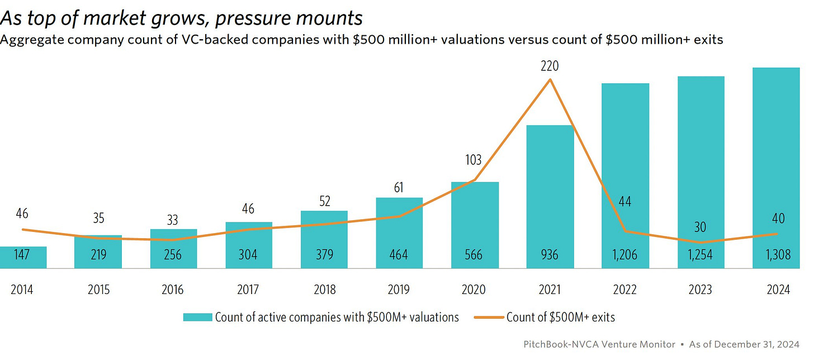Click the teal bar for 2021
point(550,196)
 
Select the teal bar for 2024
point(776,168)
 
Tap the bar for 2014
point(23,257)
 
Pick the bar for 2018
point(324,239)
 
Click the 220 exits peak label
point(550,67)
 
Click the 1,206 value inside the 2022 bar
point(625,255)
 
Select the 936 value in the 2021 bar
point(550,255)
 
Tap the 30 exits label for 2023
point(700,228)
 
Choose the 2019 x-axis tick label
point(399,290)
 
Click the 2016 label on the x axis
point(173,290)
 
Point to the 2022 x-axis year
point(625,290)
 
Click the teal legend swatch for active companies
point(197,318)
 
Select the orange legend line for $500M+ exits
point(488,318)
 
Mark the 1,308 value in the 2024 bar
point(776,255)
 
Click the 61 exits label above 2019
point(399,187)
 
